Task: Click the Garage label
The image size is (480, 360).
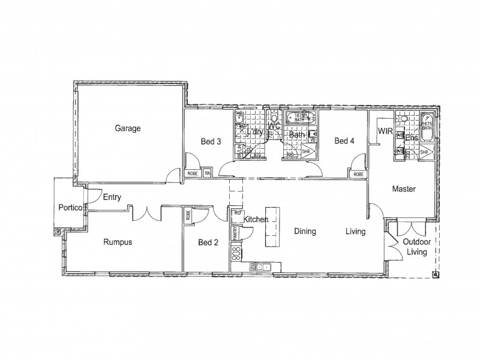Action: [128, 128]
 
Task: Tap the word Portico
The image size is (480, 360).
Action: [70, 208]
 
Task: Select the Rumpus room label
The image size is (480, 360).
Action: [118, 242]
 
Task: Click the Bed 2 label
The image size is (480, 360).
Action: [208, 242]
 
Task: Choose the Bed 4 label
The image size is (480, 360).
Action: [344, 142]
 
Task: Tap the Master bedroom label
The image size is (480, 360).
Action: [404, 188]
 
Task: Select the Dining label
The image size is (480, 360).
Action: [305, 232]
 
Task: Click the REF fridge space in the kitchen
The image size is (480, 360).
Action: [238, 212]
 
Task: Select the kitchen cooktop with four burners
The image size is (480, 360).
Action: [236, 252]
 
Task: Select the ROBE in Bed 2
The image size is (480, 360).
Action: [188, 215]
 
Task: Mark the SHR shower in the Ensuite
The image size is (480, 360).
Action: [424, 153]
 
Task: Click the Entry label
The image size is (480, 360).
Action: [113, 197]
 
